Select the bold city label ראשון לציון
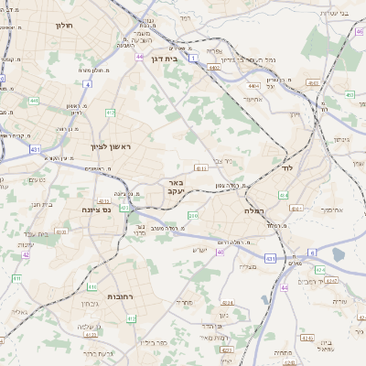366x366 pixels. click(112, 146)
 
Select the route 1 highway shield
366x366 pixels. click(194, 56)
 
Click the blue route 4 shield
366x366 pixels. click(87, 83)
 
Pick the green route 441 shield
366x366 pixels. click(33, 101)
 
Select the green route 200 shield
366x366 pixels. click(193, 216)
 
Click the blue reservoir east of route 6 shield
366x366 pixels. click(339, 253)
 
